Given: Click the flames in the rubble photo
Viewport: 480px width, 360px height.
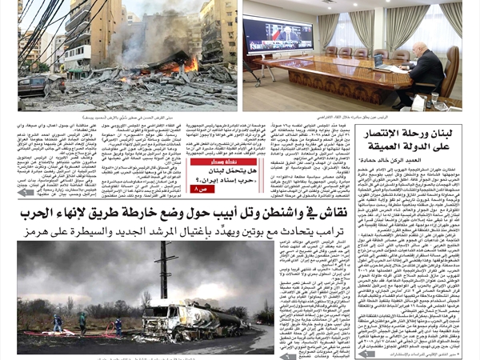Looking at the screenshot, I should [x=190, y=64].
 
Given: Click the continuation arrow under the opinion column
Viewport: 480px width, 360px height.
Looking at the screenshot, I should [x=367, y=354].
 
